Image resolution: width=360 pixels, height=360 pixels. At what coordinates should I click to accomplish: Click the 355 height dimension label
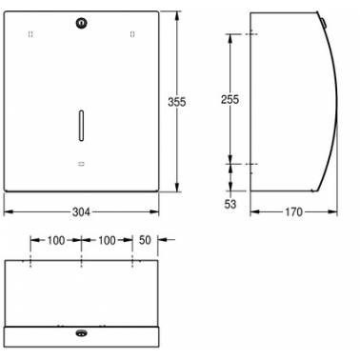177,102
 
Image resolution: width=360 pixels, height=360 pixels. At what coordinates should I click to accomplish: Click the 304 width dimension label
81,211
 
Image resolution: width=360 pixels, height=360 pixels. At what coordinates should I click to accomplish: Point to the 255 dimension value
230,99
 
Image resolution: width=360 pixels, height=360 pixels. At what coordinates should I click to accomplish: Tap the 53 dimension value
230,204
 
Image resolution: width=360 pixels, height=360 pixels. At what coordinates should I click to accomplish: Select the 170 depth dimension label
293,211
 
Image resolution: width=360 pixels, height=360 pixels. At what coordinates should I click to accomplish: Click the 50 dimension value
145,240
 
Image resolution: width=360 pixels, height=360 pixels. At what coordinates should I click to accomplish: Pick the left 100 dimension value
56,240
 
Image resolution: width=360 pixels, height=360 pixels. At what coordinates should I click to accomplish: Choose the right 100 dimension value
107,240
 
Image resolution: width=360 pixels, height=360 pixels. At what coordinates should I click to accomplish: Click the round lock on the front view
82,23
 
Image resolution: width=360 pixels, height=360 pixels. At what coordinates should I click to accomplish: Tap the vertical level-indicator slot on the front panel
81,126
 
